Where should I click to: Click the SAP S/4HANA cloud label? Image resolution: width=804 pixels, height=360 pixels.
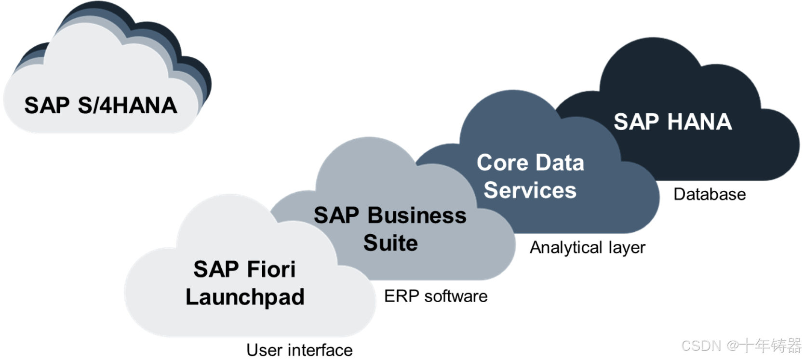tap(101, 106)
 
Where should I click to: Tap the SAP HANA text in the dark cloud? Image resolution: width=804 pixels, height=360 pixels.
tap(672, 122)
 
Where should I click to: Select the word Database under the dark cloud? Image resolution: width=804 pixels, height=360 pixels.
tap(710, 194)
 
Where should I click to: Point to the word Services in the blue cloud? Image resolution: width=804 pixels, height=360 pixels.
tap(530, 190)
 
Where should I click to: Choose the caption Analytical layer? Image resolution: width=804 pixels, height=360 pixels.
tap(587, 248)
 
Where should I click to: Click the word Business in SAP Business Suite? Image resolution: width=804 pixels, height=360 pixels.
tap(417, 215)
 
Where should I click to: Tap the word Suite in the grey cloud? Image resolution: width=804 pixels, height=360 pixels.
tap(390, 243)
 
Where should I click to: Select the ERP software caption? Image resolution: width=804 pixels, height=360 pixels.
tap(436, 296)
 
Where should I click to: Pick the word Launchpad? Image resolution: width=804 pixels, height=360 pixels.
tap(245, 297)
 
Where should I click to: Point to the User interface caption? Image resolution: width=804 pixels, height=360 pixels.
tap(299, 350)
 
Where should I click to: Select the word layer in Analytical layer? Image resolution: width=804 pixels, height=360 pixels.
tap(627, 248)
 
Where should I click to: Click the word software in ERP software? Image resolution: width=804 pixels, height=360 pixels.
tap(456, 296)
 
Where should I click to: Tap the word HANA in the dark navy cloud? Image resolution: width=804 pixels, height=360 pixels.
tap(699, 122)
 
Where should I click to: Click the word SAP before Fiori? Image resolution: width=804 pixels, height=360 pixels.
tap(215, 269)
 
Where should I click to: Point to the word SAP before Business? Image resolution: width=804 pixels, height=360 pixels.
tap(336, 215)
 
